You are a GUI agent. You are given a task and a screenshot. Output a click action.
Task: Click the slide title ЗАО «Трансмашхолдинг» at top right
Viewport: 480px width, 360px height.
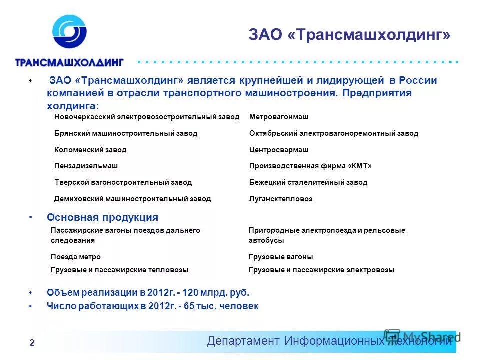click(349, 35)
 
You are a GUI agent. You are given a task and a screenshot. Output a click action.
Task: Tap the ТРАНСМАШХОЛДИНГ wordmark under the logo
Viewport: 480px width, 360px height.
click(69, 62)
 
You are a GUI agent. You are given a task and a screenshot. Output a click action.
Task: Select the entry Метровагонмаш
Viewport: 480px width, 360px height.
click(278, 117)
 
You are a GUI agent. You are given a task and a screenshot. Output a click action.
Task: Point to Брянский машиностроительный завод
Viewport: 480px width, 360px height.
click(126, 133)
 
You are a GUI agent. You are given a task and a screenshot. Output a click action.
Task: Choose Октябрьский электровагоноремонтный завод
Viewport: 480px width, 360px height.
click(333, 133)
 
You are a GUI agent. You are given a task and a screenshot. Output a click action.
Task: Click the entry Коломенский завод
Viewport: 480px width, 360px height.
click(90, 150)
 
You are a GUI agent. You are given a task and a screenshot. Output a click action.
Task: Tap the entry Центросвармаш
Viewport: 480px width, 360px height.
click(278, 150)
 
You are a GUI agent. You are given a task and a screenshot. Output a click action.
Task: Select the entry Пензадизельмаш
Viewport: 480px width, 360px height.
click(86, 166)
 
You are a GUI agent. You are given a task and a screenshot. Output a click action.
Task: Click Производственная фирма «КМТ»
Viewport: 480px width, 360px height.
click(310, 166)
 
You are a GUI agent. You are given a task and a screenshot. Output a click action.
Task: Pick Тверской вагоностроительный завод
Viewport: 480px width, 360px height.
click(123, 182)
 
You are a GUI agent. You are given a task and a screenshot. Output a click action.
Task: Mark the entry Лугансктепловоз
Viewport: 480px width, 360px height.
click(280, 199)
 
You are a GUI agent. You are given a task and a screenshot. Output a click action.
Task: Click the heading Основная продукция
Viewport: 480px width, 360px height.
click(102, 217)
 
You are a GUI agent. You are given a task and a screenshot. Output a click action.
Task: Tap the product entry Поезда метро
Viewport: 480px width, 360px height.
click(76, 257)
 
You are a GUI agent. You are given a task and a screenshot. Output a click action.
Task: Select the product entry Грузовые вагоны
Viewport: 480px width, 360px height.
click(281, 257)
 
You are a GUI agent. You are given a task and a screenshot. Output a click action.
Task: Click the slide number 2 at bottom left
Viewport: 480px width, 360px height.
click(32, 343)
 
